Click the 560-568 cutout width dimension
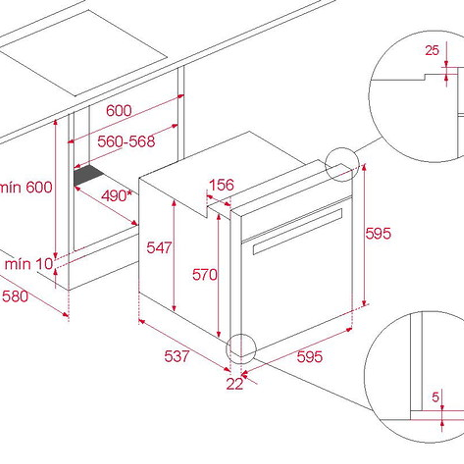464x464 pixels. [126, 141]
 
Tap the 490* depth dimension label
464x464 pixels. [117, 196]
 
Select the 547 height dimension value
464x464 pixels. [159, 247]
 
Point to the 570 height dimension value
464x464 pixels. [204, 275]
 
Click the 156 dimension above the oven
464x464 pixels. [221, 185]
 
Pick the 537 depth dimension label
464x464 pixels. [177, 356]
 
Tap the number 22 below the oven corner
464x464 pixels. [235, 384]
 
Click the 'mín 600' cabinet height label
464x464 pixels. [26, 187]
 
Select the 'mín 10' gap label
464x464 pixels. [29, 264]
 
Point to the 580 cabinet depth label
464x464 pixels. [15, 296]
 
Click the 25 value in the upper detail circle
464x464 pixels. [432, 50]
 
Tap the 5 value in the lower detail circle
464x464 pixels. [435, 397]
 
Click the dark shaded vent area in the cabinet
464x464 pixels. [88, 175]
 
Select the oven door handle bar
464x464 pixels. [297, 231]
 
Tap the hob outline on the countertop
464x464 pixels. [83, 53]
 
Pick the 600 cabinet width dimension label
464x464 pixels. [119, 111]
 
